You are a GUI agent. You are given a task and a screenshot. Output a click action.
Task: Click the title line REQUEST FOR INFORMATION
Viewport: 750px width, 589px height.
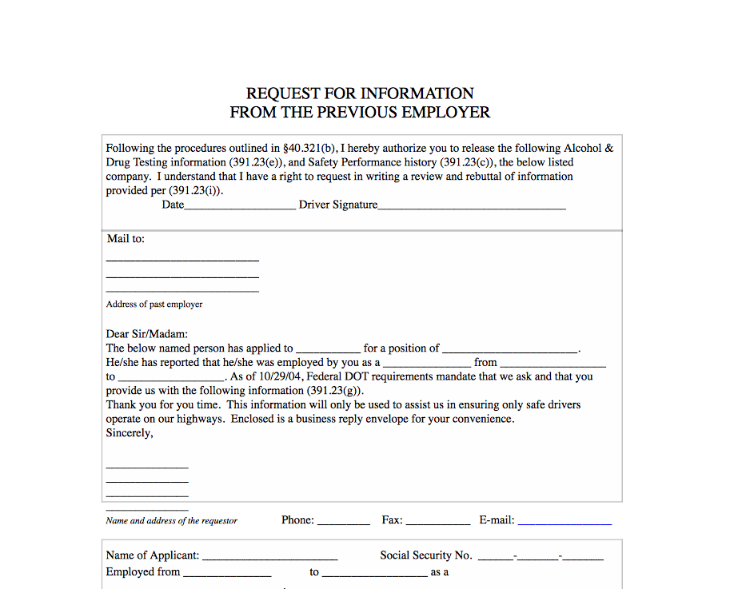pos(360,94)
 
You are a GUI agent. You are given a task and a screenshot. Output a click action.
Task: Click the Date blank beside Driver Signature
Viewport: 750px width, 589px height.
pos(240,208)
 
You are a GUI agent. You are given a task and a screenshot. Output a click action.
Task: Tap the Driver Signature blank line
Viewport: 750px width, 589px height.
pos(472,208)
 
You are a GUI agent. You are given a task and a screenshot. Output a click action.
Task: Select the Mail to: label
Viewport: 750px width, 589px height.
pos(126,239)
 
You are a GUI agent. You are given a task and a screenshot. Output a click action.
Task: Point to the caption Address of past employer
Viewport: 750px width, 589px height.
pos(154,304)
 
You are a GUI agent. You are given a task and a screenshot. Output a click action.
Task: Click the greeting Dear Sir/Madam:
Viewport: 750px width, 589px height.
pos(146,334)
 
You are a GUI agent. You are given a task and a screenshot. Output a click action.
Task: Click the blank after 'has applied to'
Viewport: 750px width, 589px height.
pos(328,351)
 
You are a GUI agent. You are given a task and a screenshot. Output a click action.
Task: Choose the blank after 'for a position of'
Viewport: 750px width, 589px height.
pos(510,351)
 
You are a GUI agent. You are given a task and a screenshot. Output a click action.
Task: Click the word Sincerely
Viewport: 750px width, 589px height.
pos(129,433)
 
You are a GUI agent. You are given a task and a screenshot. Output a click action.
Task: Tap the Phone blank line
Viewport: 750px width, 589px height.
pos(344,523)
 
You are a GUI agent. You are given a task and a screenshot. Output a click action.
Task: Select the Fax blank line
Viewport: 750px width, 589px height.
pos(438,523)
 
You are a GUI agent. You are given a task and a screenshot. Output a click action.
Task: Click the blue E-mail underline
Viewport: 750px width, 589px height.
pos(564,523)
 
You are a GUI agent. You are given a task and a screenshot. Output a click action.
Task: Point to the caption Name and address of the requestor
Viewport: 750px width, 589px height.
pos(172,521)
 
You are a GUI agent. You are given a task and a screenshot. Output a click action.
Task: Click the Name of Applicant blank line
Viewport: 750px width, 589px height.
pos(270,559)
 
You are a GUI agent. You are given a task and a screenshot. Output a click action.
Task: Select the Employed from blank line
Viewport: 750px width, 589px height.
pos(228,575)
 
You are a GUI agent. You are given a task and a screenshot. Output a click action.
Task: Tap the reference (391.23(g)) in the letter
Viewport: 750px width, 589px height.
pos(334,391)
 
